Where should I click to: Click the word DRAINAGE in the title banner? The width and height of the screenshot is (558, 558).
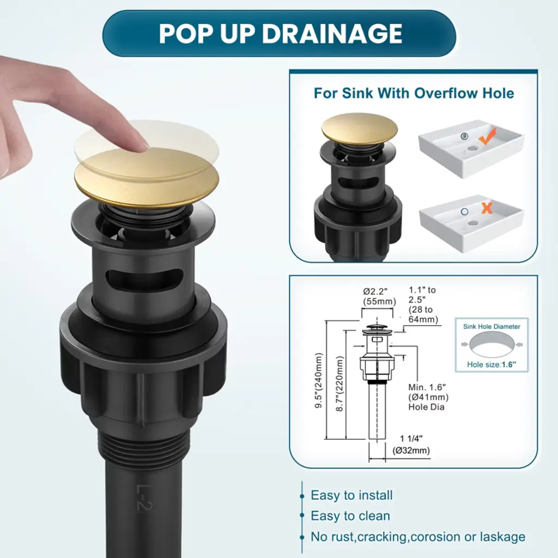pyautogui.click(x=332, y=34)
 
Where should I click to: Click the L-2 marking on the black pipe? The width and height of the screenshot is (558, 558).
pyautogui.click(x=144, y=498)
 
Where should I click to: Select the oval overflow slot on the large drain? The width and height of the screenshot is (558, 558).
pyautogui.click(x=145, y=277)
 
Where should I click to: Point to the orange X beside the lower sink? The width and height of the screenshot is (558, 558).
pyautogui.click(x=487, y=208)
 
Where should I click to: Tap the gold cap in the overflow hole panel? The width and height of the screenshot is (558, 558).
pyautogui.click(x=360, y=129)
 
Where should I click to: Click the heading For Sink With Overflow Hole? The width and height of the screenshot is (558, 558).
pyautogui.click(x=414, y=93)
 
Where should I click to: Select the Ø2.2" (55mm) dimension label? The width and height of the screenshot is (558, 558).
pyautogui.click(x=379, y=296)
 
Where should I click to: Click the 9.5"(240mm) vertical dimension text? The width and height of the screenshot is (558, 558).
pyautogui.click(x=319, y=380)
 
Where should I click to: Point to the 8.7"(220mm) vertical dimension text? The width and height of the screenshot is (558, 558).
pyautogui.click(x=340, y=384)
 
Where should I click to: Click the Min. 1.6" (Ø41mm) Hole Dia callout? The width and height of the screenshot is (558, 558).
pyautogui.click(x=428, y=397)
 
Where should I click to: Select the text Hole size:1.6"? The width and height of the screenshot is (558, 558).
pyautogui.click(x=492, y=365)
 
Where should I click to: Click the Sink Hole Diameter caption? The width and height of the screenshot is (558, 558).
pyautogui.click(x=492, y=326)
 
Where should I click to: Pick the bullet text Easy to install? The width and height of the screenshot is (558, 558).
pyautogui.click(x=351, y=495)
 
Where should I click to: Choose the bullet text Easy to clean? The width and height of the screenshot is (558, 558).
pyautogui.click(x=350, y=515)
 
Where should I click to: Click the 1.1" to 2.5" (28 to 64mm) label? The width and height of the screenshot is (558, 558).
pyautogui.click(x=423, y=305)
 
